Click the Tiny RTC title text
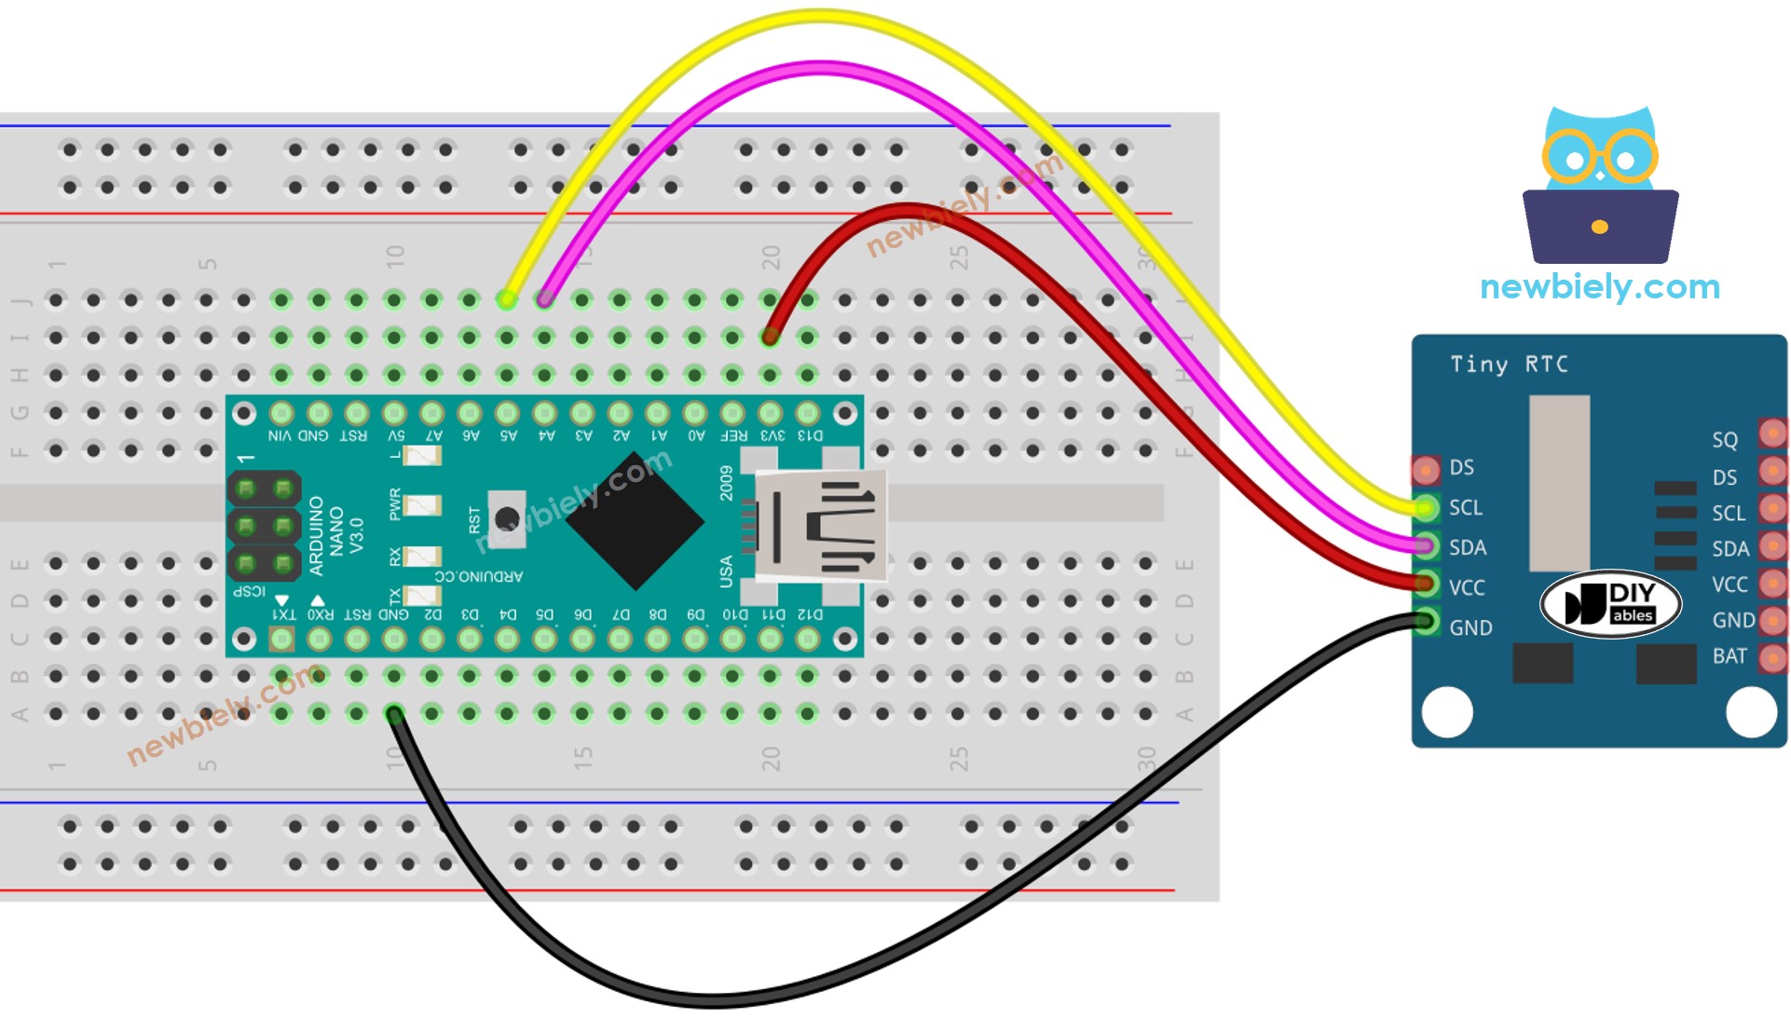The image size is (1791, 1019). pos(1509,364)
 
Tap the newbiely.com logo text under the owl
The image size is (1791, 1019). pos(1599,286)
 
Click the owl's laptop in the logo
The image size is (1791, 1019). pos(1599,227)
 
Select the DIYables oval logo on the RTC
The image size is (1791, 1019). pos(1610,603)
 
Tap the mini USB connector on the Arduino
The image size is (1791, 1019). pos(818,524)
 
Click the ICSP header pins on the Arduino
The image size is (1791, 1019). pos(264,526)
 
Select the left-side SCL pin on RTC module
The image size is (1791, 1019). pos(1426,508)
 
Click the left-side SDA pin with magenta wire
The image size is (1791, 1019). pos(1426,546)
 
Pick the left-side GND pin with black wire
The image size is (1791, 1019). pos(1426,622)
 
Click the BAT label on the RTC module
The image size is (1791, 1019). pos(1729,656)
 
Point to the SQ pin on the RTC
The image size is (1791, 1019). pos(1771,434)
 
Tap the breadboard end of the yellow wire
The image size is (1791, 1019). pos(507,299)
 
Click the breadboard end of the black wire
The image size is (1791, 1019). pos(394,714)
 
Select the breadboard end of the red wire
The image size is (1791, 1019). pos(770,337)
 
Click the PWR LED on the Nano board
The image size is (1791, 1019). pos(421,505)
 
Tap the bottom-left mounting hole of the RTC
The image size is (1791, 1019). pos(1447,711)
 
